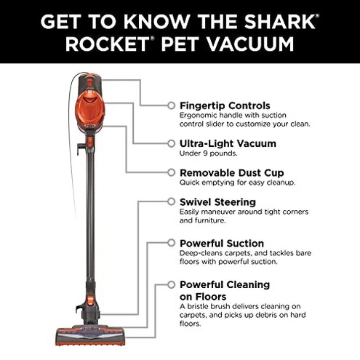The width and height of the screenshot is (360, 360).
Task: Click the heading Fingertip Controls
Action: (224, 105)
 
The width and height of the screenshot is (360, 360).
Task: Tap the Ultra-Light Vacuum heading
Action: (227, 143)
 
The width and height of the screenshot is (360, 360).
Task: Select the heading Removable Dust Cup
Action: (232, 173)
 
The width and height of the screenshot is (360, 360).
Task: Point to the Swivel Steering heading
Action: (217, 201)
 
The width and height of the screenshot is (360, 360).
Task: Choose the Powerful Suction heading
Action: (221, 243)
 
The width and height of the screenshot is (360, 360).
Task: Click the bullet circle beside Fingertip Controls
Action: (171, 105)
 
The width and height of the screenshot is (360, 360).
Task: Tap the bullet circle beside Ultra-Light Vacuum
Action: (171, 143)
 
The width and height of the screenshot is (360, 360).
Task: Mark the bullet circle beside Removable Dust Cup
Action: (171, 173)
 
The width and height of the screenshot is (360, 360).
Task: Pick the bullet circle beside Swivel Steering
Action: (171, 201)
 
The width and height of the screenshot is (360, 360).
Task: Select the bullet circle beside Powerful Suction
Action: (171, 243)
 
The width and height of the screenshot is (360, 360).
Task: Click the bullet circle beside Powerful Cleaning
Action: (171, 284)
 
